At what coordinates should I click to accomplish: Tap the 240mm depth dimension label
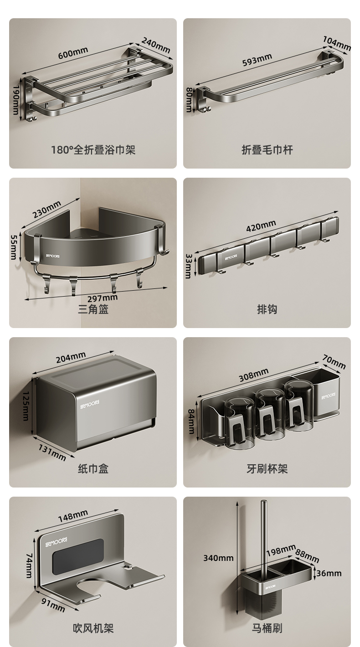[156, 45]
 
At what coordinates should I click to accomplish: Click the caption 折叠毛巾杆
[267, 150]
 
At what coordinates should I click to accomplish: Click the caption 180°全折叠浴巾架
[93, 150]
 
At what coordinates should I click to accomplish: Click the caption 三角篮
[93, 309]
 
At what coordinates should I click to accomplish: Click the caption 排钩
[267, 309]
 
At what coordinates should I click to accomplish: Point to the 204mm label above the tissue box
[71, 358]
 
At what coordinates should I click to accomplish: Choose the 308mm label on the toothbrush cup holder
[253, 375]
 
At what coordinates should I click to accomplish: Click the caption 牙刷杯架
[267, 469]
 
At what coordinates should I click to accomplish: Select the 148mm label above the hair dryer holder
[73, 516]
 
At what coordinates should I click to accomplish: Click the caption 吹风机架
[93, 628]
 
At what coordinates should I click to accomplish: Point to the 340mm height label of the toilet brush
[218, 558]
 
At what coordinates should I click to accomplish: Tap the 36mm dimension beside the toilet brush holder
[329, 573]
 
